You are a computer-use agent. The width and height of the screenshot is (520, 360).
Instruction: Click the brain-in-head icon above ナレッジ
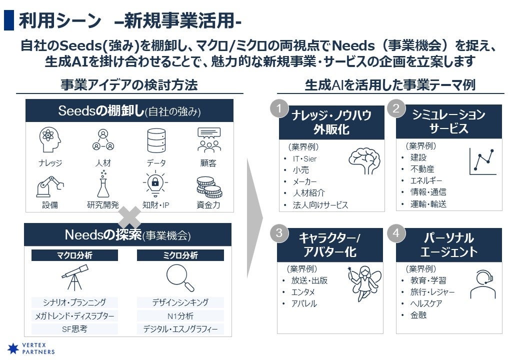(50, 139)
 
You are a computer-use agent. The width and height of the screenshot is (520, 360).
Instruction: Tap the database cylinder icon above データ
(156, 140)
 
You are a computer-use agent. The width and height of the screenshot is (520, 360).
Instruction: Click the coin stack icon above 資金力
(209, 187)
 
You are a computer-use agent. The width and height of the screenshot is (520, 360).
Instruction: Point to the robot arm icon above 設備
(50, 186)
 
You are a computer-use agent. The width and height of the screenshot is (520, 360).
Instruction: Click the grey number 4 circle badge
(396, 233)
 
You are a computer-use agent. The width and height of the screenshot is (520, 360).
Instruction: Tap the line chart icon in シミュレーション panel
(482, 161)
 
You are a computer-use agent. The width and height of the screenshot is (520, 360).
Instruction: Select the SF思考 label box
(74, 329)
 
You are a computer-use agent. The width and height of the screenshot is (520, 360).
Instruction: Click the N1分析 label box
(180, 316)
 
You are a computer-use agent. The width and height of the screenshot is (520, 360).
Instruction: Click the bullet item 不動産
(422, 169)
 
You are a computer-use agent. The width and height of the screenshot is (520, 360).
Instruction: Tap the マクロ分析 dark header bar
(74, 255)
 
